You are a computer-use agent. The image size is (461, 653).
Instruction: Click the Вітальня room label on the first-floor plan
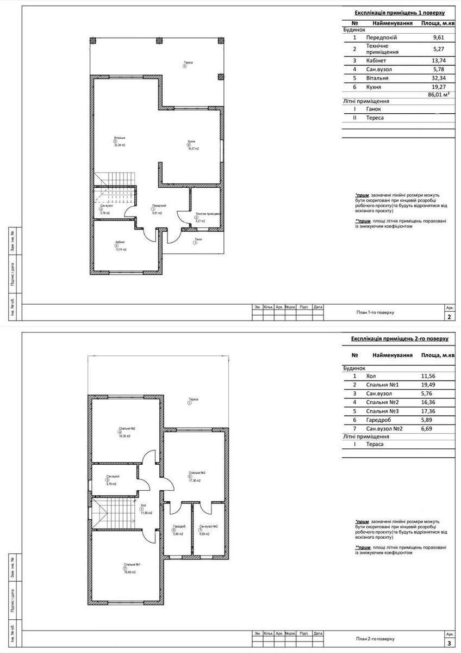click(120, 138)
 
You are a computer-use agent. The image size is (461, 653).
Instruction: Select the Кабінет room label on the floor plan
click(120, 242)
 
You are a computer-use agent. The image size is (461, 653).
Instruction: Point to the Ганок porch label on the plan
click(198, 239)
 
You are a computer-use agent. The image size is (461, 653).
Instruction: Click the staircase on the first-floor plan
click(113, 180)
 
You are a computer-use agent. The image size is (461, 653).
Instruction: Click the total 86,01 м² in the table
click(439, 95)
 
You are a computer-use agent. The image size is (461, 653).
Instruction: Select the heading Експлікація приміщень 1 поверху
click(400, 13)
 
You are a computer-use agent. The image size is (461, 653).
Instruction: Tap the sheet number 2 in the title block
click(448, 317)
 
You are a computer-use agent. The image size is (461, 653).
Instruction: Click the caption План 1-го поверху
click(375, 313)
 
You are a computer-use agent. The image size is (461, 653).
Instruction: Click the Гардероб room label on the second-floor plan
click(179, 527)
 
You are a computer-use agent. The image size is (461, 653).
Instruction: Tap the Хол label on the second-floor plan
click(144, 506)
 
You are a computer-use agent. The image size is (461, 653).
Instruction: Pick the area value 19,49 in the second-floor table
click(428, 385)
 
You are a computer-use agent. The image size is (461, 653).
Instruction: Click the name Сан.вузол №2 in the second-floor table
click(385, 428)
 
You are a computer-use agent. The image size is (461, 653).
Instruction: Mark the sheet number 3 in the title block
click(448, 643)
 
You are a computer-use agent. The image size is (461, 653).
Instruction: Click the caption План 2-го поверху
click(375, 638)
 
